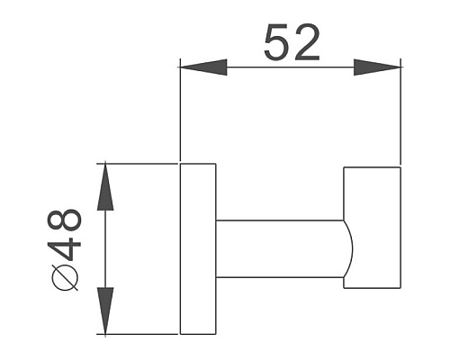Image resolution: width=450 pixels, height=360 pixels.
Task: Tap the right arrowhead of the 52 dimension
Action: coord(377,67)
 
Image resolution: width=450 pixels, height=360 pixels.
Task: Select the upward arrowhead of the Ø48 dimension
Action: coord(106,185)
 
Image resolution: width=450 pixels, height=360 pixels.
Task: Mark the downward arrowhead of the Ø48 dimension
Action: coord(106,310)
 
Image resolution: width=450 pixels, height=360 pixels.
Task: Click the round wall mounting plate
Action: coord(198,248)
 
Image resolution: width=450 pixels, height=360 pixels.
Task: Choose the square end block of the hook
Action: coord(372,229)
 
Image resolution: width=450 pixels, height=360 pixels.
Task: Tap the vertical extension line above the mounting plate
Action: coord(182,117)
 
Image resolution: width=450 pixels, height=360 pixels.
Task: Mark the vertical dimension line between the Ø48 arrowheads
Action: coord(106,248)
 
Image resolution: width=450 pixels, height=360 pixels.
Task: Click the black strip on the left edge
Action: coord(22,180)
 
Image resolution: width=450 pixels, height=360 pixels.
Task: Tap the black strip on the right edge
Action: coord(427,180)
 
